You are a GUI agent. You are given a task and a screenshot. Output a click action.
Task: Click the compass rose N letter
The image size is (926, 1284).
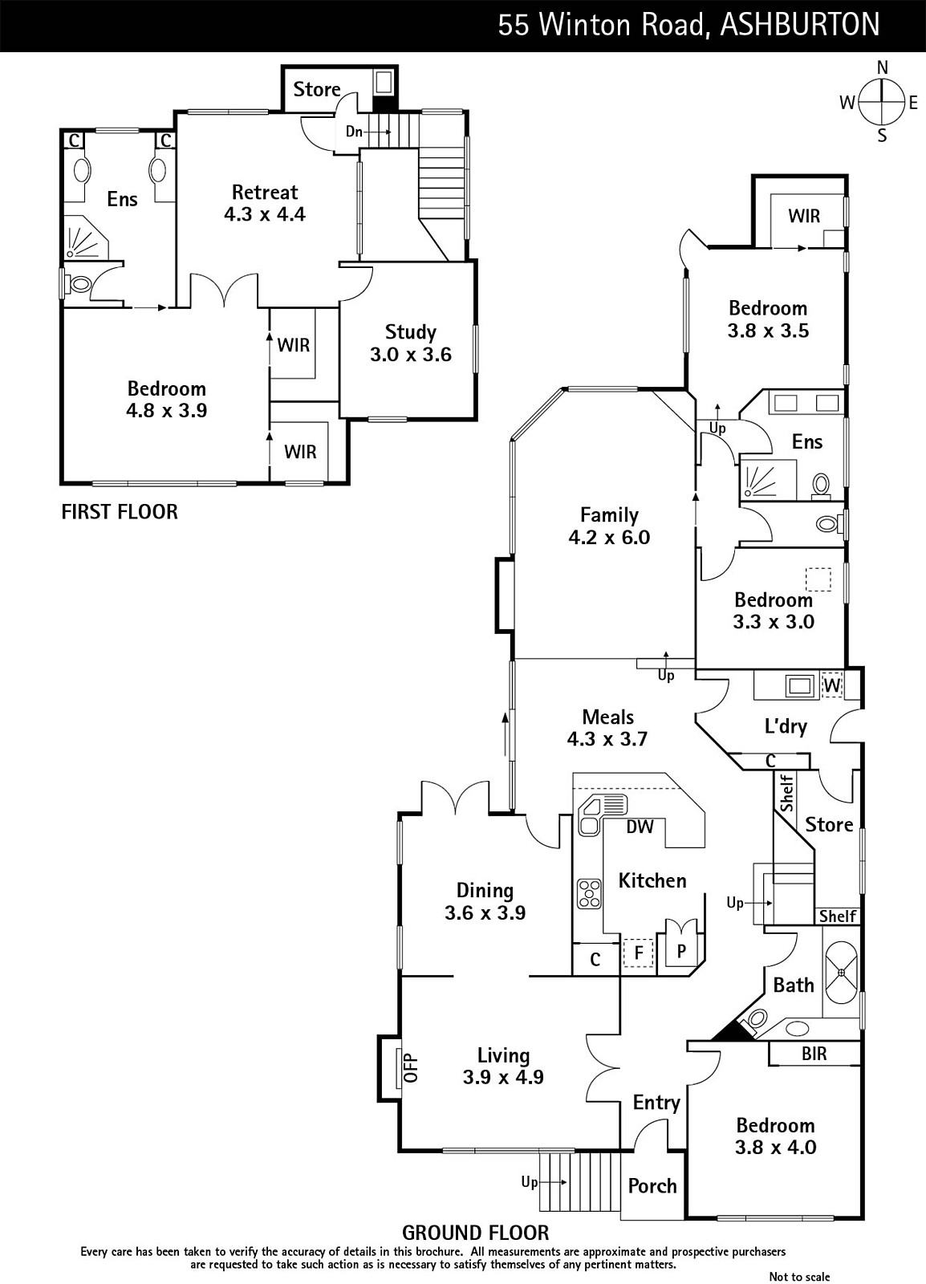click(883, 67)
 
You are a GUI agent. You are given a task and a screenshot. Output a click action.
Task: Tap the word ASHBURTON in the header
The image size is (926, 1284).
click(799, 25)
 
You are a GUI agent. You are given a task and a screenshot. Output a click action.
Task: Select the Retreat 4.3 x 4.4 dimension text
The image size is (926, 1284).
click(265, 214)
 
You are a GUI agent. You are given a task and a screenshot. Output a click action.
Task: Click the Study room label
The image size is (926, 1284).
click(410, 332)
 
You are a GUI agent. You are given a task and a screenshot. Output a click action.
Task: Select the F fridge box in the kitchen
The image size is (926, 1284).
click(639, 953)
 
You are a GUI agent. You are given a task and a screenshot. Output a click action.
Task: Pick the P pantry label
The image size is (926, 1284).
click(681, 951)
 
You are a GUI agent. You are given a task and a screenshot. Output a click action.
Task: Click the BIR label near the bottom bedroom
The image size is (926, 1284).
click(814, 1054)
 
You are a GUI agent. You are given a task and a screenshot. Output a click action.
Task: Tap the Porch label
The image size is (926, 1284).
click(652, 1185)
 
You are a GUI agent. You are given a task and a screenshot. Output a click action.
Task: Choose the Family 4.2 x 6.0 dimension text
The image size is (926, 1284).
click(609, 537)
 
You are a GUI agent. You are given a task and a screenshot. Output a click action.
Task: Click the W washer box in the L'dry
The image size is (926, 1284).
click(832, 685)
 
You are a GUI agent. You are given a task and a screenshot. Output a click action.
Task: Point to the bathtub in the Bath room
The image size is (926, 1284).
click(842, 972)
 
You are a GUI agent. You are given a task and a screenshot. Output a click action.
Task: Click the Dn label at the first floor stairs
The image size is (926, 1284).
click(354, 132)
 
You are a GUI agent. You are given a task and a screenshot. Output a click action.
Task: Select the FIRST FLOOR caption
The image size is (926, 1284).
click(120, 511)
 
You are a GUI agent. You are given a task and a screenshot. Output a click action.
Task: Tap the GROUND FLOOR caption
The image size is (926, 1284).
click(476, 1233)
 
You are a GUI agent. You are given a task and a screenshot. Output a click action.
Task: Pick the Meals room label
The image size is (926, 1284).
click(608, 717)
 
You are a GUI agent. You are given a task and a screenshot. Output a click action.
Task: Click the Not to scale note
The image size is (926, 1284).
click(799, 1277)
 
